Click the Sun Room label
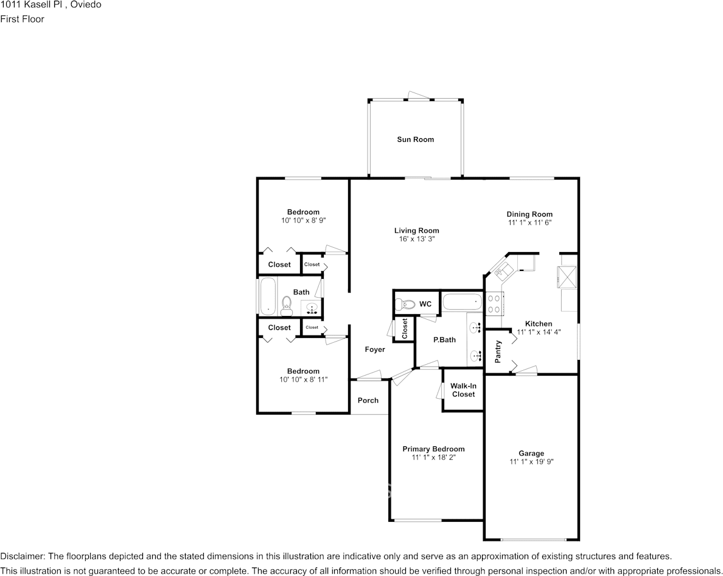[x=416, y=139]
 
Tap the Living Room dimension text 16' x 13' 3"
[x=417, y=239]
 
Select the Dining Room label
[x=529, y=214]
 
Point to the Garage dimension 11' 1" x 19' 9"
[x=531, y=462]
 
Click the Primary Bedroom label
[x=433, y=449]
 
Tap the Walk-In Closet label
[x=463, y=390]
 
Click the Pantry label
[x=498, y=352]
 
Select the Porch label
[x=368, y=400]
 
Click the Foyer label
[x=375, y=349]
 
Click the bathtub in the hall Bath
[x=268, y=296]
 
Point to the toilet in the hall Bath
[x=287, y=306]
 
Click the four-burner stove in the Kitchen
[x=494, y=304]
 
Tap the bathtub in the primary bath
[x=463, y=303]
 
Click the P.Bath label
[x=444, y=340]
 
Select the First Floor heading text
[x=22, y=19]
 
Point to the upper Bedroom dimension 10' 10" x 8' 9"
[x=304, y=220]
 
